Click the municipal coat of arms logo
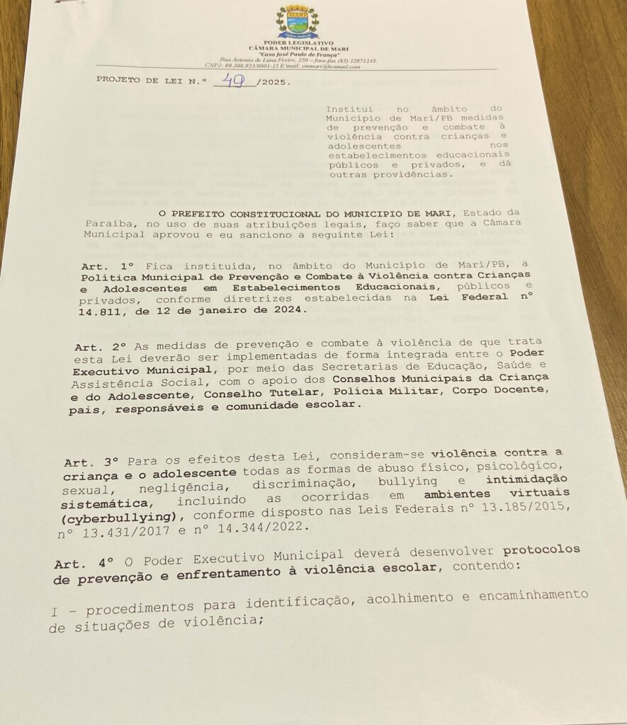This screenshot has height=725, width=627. click(298, 21)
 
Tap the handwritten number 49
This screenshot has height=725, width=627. click(234, 81)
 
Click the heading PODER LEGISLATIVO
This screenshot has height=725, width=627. click(298, 44)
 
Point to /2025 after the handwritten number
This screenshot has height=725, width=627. click(273, 83)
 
